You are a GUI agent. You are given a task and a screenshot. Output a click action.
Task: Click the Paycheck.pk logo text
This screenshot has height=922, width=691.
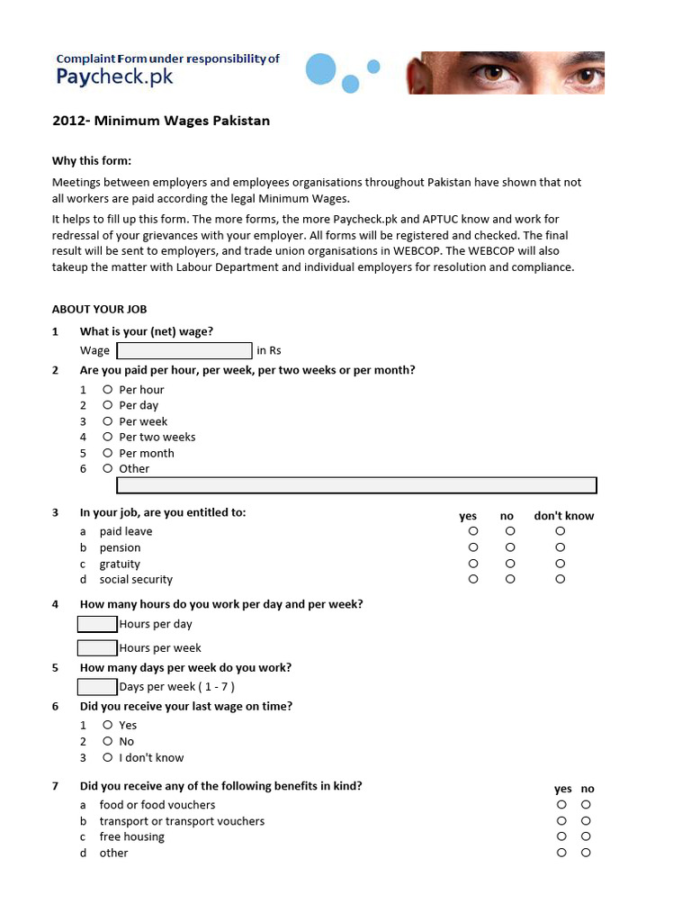114,77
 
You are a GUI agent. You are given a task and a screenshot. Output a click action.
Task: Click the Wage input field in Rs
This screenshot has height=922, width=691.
184,350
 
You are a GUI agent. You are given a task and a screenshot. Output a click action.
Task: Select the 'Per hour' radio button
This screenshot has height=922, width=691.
107,389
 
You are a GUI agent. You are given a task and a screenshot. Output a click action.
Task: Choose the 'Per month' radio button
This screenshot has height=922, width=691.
107,453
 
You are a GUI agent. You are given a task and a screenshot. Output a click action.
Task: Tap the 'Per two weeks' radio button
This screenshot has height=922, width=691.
107,437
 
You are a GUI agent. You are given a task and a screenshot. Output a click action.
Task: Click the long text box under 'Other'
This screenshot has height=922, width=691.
356,485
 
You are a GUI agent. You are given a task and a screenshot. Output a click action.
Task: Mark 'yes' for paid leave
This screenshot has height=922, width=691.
473,531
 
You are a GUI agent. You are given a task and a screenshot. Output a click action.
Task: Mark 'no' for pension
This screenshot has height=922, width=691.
510,547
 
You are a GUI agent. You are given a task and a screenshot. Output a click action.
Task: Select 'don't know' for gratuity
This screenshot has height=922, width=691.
560,564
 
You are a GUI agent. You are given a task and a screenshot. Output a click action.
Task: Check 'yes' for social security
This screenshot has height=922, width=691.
473,579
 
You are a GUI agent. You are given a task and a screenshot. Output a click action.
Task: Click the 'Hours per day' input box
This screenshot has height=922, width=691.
97,624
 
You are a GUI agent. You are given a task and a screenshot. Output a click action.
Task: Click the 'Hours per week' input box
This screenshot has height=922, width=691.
97,647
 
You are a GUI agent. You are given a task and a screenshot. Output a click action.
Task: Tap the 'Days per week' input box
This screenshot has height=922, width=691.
97,687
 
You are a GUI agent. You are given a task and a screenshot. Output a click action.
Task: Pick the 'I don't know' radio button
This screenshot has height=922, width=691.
107,757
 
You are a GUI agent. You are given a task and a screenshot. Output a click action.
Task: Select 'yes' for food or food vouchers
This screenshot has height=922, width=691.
561,804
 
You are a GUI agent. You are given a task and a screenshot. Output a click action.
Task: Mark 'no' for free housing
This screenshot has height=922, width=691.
586,836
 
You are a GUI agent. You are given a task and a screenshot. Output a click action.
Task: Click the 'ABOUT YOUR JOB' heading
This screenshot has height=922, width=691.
99,309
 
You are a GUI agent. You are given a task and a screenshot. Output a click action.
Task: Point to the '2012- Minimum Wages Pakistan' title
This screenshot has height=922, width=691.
161,121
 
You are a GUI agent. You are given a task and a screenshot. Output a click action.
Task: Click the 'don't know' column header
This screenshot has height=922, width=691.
564,516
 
